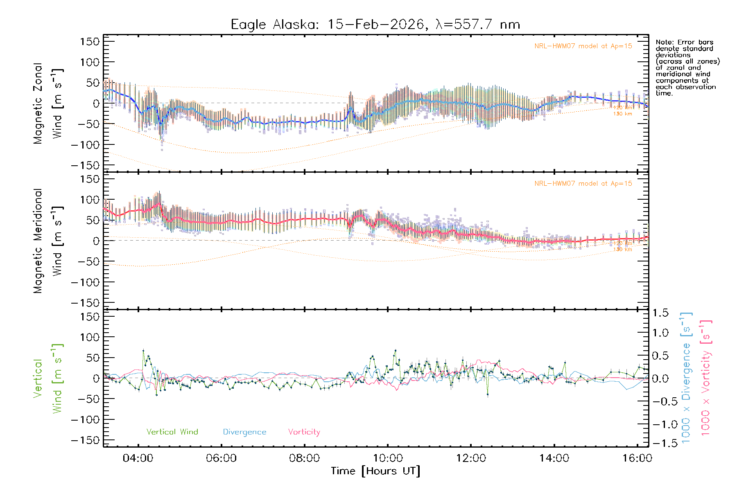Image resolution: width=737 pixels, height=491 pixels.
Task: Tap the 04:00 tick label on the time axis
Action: tap(138, 458)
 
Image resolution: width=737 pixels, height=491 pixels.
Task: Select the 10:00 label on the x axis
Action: tap(388, 458)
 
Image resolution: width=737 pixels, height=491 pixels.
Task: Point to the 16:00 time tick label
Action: tap(637, 458)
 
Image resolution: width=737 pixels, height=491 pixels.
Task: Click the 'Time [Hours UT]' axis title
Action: tap(375, 471)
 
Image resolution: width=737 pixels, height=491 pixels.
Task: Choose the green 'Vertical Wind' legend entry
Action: tap(172, 432)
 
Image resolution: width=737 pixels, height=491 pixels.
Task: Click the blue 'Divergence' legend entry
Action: tap(244, 432)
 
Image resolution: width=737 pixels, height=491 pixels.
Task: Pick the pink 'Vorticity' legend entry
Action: tap(304, 432)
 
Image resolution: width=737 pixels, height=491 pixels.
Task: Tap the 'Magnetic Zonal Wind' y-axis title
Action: tap(48, 103)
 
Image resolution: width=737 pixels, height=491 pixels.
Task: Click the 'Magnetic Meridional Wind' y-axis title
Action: tap(48, 241)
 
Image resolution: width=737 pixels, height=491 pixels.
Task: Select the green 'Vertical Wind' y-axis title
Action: tap(48, 378)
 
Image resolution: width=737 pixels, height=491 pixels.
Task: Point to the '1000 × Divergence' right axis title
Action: tap(686, 378)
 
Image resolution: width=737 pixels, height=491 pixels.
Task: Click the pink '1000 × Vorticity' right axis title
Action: tap(706, 378)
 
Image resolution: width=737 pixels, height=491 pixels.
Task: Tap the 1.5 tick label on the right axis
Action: tap(660, 313)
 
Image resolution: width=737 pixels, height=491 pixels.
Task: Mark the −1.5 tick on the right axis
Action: tap(660, 443)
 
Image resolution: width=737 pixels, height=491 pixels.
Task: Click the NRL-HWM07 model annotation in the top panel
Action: tap(583, 46)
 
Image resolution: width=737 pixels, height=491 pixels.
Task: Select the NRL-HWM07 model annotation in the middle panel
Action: tap(583, 184)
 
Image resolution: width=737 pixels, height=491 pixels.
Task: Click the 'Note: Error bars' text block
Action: tap(687, 68)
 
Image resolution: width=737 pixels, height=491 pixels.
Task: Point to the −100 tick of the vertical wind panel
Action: tap(86, 420)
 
